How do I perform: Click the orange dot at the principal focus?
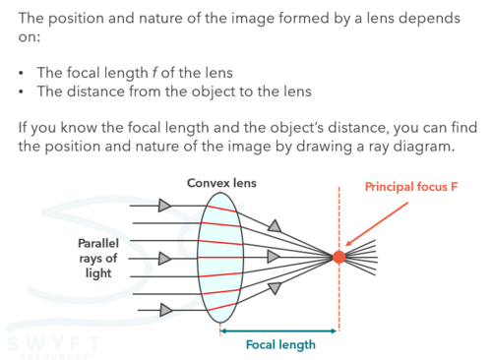[x=338, y=257]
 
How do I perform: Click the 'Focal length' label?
[x=280, y=344]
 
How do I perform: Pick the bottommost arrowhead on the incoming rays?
[x=165, y=310]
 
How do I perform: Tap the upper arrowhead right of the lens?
[x=275, y=226]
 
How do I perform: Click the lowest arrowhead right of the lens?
[x=275, y=288]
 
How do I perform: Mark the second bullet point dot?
[x=22, y=92]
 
